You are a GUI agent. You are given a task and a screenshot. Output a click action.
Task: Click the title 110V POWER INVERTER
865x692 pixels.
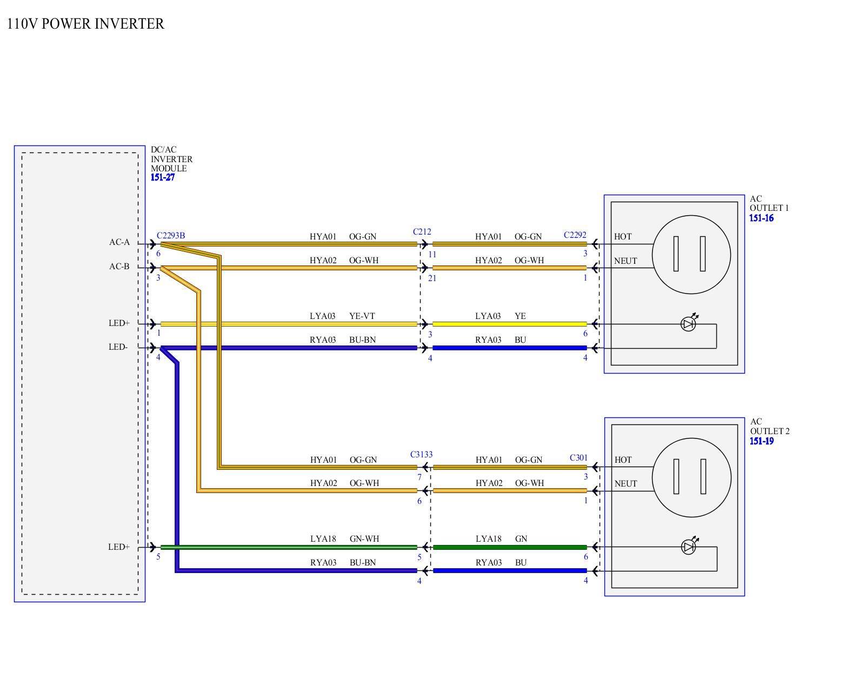[85, 24]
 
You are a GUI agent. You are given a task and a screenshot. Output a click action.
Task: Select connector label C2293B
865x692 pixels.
[171, 236]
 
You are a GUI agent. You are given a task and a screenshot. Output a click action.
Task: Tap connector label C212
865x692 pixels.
[422, 232]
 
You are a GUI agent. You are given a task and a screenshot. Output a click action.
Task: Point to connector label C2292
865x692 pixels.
[575, 235]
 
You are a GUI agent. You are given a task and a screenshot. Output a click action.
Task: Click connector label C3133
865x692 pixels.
[421, 455]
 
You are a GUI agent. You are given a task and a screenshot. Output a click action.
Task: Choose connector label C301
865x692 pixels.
[578, 458]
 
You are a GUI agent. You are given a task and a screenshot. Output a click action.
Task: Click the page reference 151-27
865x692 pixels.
[163, 177]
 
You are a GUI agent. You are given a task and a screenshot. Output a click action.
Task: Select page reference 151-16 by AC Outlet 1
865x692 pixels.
[761, 218]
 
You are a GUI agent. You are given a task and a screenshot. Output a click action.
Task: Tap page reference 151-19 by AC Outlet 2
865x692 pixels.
[761, 441]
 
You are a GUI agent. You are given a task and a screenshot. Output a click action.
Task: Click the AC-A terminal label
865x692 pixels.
[119, 242]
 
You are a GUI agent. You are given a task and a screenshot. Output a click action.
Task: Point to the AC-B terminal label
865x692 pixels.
[119, 267]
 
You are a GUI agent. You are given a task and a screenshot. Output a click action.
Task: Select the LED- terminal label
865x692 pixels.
[118, 347]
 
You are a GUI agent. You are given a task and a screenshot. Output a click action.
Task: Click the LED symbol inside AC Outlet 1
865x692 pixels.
[688, 324]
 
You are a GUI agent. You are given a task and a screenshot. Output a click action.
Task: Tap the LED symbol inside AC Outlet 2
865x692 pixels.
[688, 547]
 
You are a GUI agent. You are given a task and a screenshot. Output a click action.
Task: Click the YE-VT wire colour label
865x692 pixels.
[362, 316]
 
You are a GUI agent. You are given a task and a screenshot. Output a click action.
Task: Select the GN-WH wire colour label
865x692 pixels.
[364, 539]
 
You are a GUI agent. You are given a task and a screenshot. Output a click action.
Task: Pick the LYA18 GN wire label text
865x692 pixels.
[501, 539]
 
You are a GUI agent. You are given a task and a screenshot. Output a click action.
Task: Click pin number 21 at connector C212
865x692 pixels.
[431, 278]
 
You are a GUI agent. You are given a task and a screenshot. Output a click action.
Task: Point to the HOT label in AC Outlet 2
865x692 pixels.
[623, 460]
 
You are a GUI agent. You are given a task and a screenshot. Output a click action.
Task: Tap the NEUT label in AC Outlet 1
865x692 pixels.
[626, 261]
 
